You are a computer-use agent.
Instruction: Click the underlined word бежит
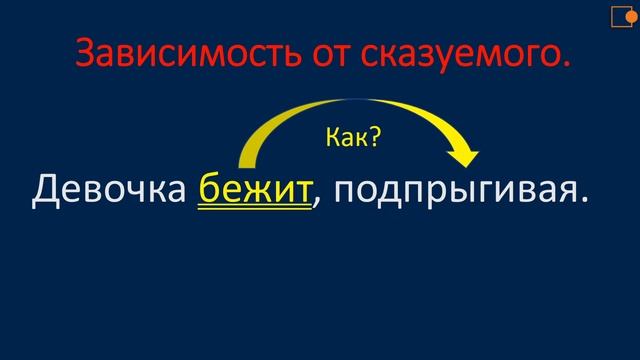pyautogui.click(x=255, y=189)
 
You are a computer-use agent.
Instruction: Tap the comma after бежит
pyautogui.click(x=318, y=204)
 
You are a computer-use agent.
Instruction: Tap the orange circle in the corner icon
pyautogui.click(x=632, y=13)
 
